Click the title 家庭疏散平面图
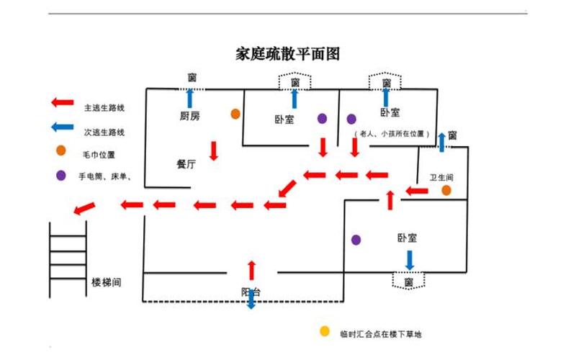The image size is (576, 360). (x=287, y=54)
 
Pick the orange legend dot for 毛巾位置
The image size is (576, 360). (x=61, y=151)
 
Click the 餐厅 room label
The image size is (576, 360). (x=186, y=164)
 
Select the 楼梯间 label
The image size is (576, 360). (x=107, y=282)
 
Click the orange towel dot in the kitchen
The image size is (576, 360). (x=235, y=114)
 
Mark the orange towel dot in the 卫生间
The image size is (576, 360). (x=446, y=190)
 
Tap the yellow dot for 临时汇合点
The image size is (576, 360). (x=324, y=332)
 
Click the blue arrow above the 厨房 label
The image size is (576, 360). (x=191, y=98)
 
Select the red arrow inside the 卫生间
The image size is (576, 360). (x=416, y=191)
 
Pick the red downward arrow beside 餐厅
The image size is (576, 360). (x=214, y=150)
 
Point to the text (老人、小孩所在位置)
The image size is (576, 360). (x=392, y=134)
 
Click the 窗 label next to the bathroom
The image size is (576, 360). (x=452, y=135)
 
